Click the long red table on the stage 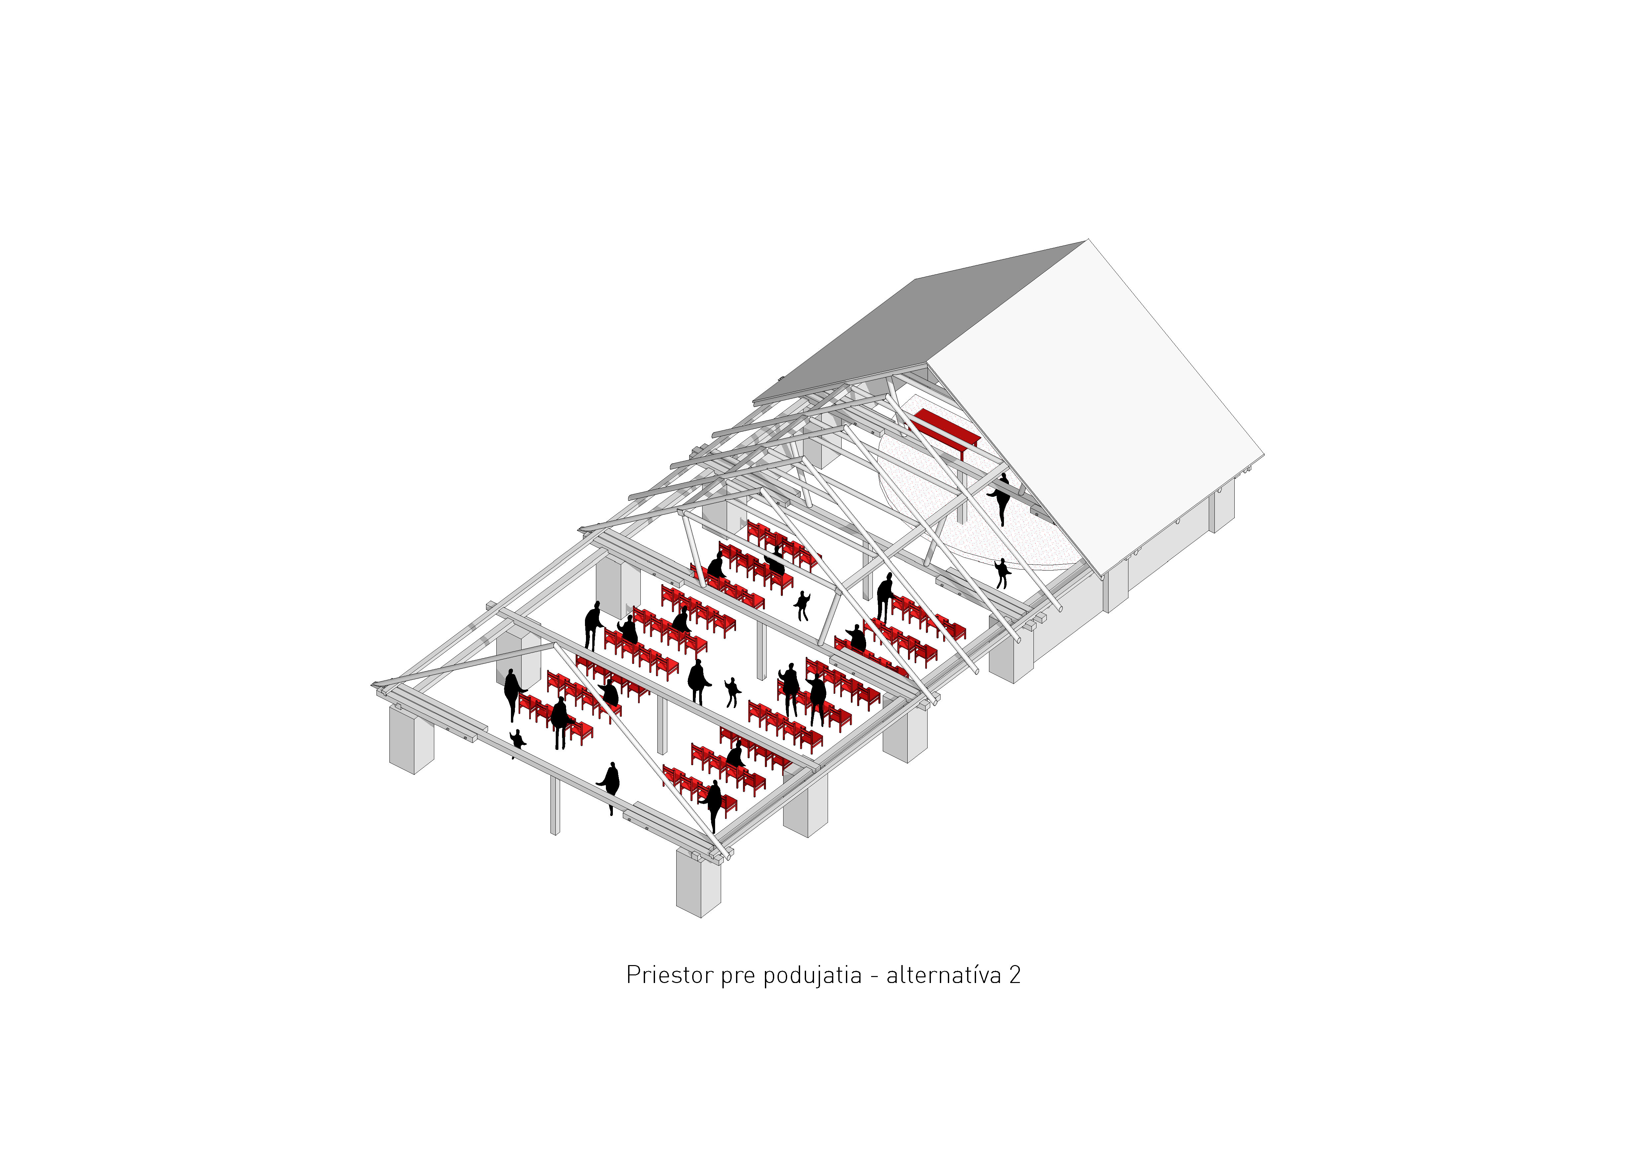947,429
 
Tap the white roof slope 1098,402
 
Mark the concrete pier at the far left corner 411,739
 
